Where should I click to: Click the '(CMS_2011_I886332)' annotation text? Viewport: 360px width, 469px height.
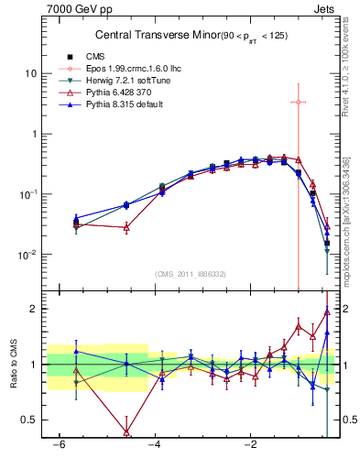(x=192, y=274)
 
